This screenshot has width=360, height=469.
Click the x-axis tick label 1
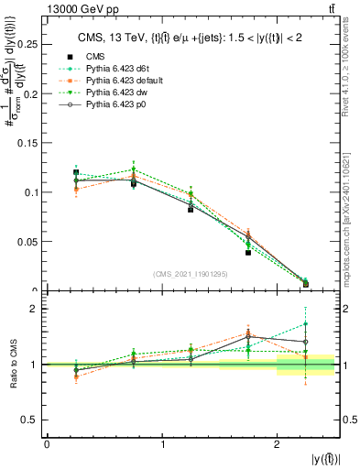(162, 444)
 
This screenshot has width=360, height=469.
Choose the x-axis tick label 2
(278, 444)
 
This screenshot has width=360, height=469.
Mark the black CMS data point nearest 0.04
(248, 252)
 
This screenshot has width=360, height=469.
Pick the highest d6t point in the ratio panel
(306, 323)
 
